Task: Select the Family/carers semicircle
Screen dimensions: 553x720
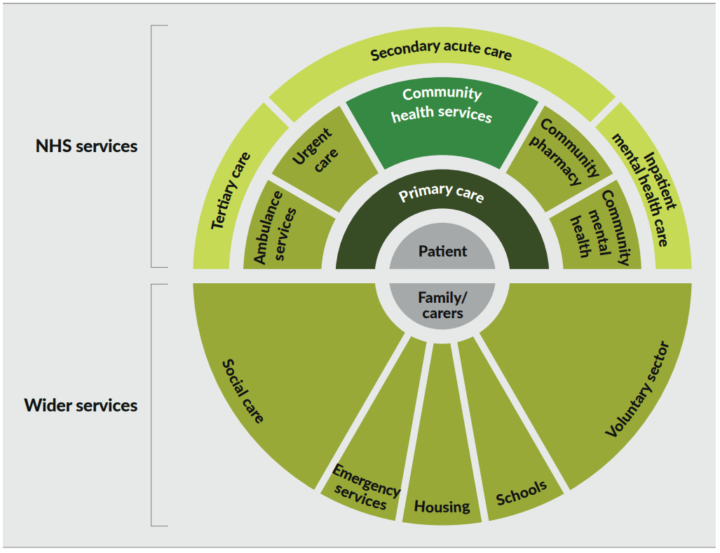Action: (442, 305)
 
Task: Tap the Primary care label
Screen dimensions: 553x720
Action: (442, 194)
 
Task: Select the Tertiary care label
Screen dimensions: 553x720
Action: (231, 189)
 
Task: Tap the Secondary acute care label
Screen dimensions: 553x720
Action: (442, 52)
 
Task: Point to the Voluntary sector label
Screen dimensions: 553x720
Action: (637, 390)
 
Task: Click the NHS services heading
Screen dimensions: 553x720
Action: (87, 146)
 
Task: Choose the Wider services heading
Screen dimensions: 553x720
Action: (81, 405)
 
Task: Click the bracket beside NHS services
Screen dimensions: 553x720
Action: (152, 146)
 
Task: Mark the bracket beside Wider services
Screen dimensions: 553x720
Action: (152, 405)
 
